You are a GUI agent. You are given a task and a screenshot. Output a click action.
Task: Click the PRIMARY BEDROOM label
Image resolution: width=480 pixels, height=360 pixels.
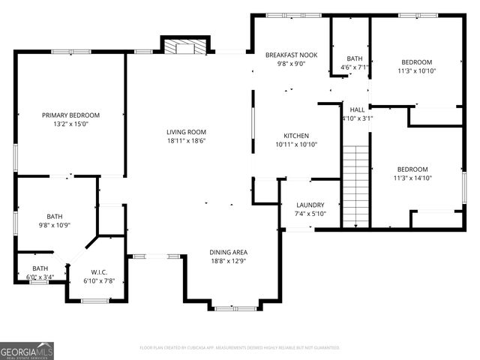(x=70, y=115)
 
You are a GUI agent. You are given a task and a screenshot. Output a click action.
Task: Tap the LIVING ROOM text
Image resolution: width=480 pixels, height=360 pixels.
(x=186, y=131)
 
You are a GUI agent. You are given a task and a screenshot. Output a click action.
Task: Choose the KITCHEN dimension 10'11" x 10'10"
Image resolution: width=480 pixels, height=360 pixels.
(x=296, y=144)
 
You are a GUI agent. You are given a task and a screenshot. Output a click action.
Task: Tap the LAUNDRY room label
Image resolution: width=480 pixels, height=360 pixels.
(x=310, y=205)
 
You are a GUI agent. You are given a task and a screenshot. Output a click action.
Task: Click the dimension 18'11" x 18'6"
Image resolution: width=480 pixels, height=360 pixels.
(x=186, y=140)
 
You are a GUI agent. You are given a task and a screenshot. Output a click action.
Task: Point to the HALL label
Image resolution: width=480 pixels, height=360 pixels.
(x=357, y=109)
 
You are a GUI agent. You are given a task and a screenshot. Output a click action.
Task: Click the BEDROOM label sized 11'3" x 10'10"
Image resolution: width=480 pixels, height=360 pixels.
(x=416, y=62)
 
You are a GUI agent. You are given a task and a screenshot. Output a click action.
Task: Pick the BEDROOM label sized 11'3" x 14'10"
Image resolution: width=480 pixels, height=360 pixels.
(x=412, y=169)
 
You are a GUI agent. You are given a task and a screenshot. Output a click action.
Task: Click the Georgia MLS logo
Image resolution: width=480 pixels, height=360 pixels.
(x=27, y=350)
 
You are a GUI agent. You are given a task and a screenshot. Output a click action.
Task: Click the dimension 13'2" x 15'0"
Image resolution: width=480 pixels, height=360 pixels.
(x=70, y=124)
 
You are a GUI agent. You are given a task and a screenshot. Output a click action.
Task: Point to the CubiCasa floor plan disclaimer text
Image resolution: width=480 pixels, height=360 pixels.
(x=240, y=347)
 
